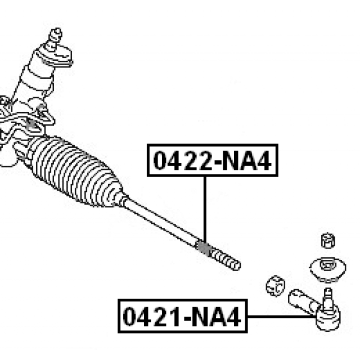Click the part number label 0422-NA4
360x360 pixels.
point(213,160)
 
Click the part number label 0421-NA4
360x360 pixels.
point(182,316)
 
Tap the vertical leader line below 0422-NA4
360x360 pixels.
point(205,209)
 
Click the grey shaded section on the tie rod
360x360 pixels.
point(204,249)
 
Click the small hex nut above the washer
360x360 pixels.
point(328,240)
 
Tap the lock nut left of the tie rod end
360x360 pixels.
point(276,286)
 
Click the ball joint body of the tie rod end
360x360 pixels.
point(328,318)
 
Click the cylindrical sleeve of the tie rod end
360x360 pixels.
point(303,301)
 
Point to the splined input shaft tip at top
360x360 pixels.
point(55,37)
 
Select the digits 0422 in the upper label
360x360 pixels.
point(183,160)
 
